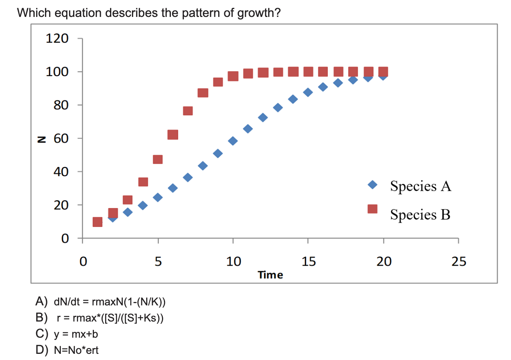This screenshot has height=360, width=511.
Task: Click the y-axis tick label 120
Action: click(57, 38)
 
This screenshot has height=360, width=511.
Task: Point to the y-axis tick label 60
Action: click(61, 138)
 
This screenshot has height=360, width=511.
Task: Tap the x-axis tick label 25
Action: click(458, 262)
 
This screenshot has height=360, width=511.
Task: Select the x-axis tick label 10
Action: click(233, 262)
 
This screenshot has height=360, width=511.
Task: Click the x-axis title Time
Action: click(270, 275)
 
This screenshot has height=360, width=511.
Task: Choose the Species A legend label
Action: click(420, 186)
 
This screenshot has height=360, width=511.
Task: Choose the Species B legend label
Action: click(420, 215)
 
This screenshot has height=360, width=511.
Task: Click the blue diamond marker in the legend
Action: click(372, 185)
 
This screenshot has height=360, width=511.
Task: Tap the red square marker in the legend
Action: click(372, 209)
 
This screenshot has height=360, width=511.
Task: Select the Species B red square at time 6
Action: click(173, 135)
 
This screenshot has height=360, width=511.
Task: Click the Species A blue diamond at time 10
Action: click(233, 141)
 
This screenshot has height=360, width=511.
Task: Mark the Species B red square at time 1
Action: click(98, 222)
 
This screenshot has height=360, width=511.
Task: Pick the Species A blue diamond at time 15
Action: click(308, 92)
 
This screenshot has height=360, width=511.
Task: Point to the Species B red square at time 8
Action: click(203, 93)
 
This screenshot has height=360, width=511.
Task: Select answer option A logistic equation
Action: click(110, 302)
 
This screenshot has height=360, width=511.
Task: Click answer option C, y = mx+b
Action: click(76, 334)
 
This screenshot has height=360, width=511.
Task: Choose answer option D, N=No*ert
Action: click(76, 350)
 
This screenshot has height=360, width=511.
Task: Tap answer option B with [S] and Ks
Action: click(110, 318)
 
